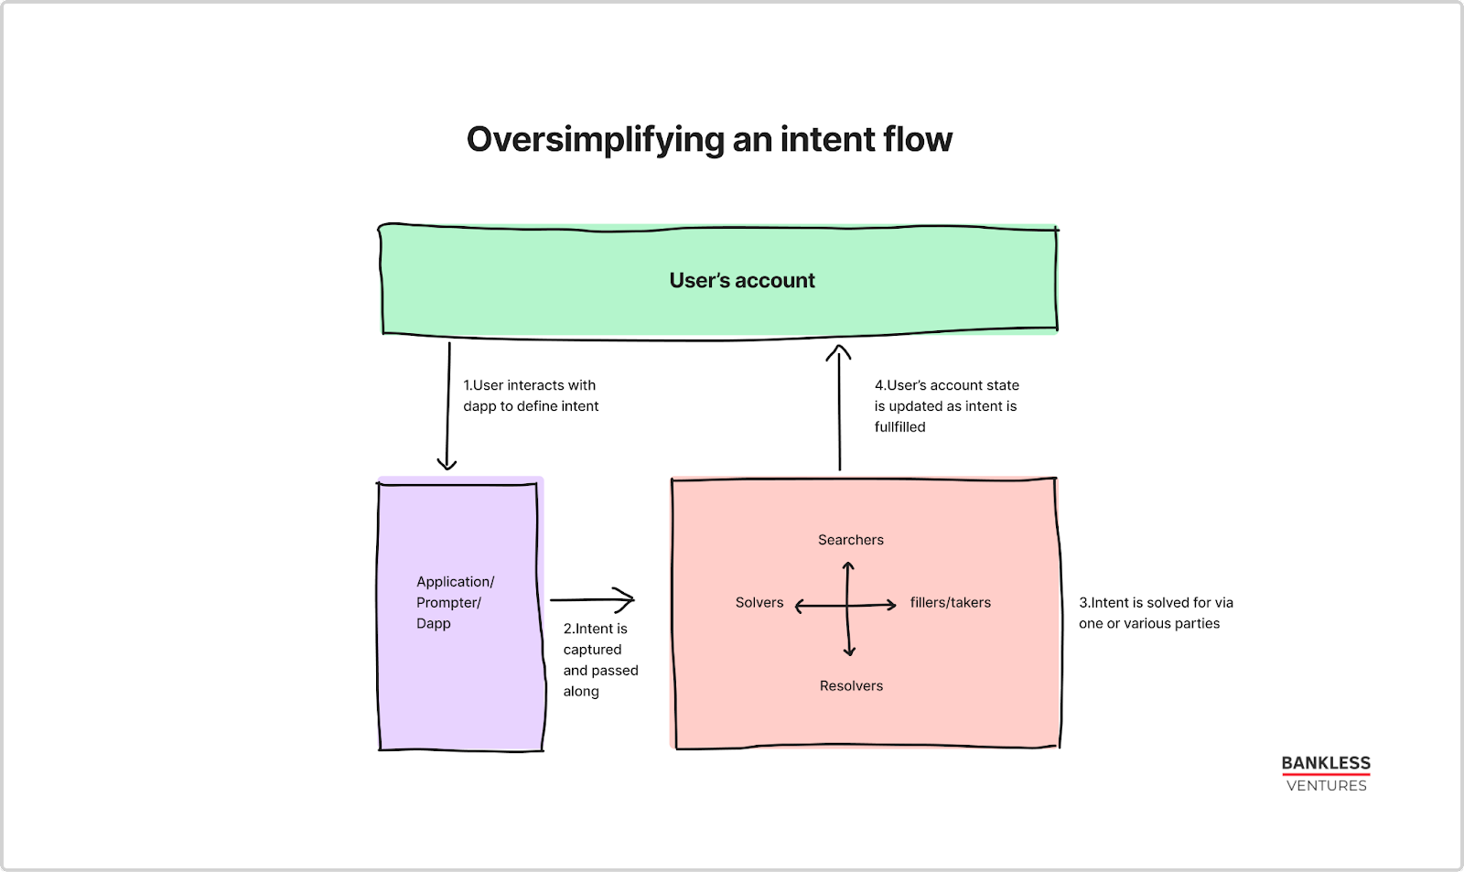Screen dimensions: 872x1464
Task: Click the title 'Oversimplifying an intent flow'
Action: [x=709, y=140]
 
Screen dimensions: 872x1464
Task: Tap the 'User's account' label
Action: [x=741, y=281]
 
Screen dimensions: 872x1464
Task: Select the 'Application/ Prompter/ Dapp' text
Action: [x=455, y=602]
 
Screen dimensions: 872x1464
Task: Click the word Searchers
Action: [x=850, y=540]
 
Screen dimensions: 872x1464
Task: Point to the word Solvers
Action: [x=759, y=602]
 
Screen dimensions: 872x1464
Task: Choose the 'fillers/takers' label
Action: [x=950, y=602]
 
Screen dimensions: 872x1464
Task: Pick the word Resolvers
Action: [x=851, y=685]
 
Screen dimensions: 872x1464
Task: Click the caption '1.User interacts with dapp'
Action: [x=530, y=395]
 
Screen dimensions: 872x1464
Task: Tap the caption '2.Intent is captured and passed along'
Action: [x=599, y=660]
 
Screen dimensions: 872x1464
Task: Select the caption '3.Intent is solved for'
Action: [x=1155, y=612]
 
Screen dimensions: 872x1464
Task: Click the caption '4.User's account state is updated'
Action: [x=945, y=405]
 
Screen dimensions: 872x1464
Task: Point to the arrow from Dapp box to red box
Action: [x=593, y=600]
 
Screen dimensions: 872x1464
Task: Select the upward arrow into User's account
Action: [x=839, y=407]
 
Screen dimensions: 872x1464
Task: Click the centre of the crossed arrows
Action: [x=848, y=606]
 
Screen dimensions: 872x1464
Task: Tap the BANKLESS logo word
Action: [x=1325, y=763]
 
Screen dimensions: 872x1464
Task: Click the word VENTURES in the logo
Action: [x=1326, y=786]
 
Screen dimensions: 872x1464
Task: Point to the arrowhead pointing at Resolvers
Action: [x=849, y=651]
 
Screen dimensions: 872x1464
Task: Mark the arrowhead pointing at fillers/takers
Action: [x=891, y=604]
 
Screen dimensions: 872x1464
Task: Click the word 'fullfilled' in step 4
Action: [x=899, y=427]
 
